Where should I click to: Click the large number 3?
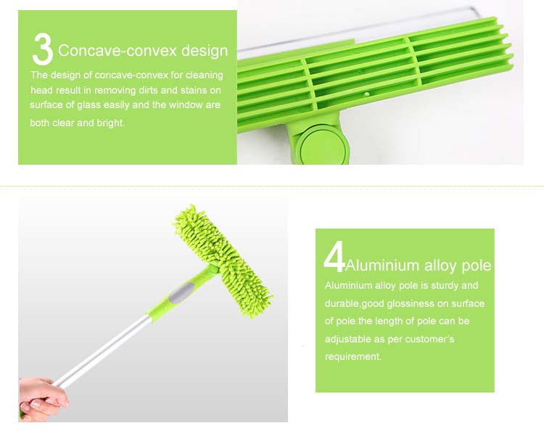42,49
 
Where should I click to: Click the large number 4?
334,256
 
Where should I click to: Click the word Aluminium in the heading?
382,266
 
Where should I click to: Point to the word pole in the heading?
477,266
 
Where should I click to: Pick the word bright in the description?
110,123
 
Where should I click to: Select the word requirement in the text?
353,357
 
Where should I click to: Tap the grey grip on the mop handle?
181,291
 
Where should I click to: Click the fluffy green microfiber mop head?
223,261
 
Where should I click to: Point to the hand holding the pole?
43,399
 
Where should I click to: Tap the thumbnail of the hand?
36,403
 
